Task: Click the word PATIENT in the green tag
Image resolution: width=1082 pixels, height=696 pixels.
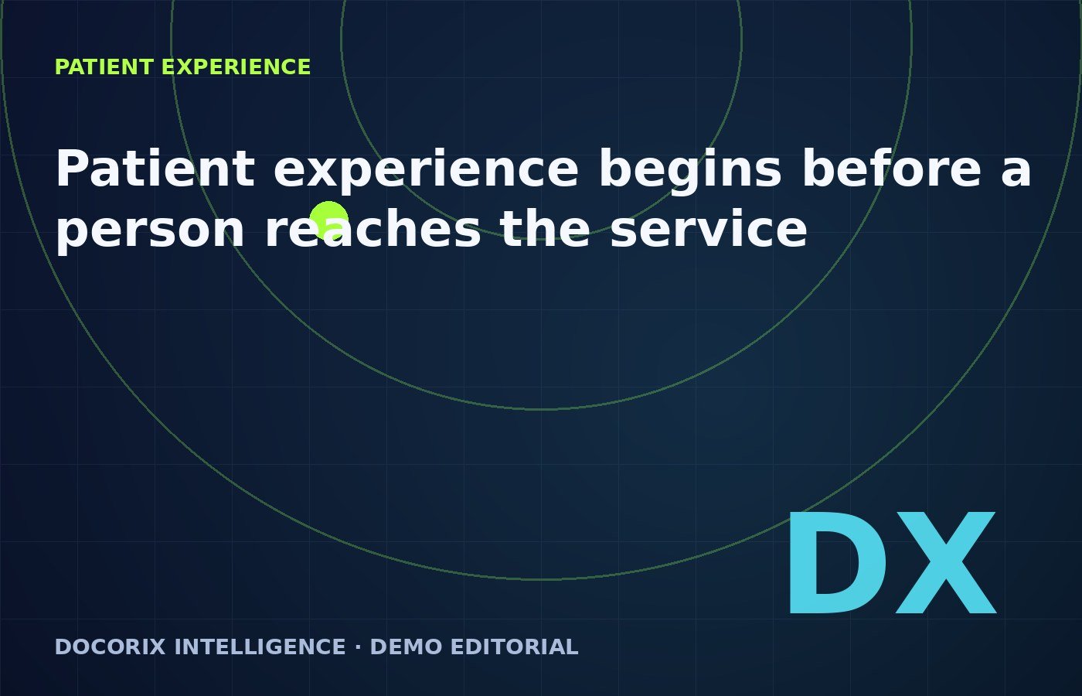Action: [x=104, y=67]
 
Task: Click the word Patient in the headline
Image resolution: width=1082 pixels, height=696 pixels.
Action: [x=155, y=168]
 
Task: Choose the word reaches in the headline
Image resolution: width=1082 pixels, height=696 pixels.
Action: [x=373, y=227]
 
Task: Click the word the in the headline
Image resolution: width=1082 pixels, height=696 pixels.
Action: [x=545, y=227]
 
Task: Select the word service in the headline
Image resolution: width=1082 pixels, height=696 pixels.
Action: [x=709, y=227]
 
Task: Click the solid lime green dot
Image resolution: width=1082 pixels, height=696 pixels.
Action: [x=328, y=220]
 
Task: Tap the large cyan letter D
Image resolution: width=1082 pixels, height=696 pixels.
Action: [x=837, y=564]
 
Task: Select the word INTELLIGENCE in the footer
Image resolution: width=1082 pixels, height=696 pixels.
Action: [x=260, y=647]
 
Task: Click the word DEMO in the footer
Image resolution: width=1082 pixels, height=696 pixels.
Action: [x=406, y=647]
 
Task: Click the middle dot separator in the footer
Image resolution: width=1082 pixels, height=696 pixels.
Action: [x=358, y=647]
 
